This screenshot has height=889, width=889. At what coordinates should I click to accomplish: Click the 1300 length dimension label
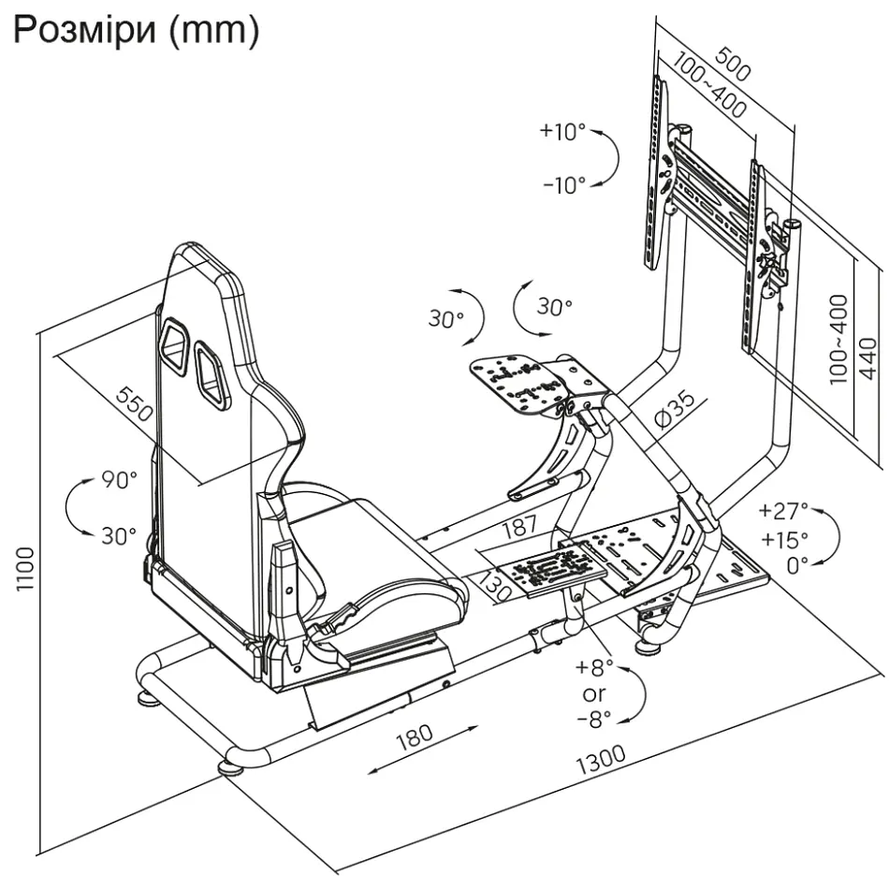point(601,759)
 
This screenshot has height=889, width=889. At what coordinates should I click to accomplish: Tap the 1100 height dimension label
point(25,569)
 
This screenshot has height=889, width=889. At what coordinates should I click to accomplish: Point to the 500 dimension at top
point(733,64)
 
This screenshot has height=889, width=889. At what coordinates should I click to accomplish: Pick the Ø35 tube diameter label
point(674,408)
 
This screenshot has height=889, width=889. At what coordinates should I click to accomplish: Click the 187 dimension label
point(520,527)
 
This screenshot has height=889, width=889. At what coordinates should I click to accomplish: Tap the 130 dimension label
point(493,586)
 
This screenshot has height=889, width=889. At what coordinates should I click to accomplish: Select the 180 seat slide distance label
point(415,737)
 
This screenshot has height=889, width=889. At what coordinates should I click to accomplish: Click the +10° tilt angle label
point(562,131)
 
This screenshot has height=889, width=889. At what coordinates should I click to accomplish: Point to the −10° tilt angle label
point(564,185)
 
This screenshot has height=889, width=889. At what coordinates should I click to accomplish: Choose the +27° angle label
point(783,511)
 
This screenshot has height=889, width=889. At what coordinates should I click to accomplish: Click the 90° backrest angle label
point(120,480)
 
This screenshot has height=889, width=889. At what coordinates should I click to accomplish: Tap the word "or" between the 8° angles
point(593,693)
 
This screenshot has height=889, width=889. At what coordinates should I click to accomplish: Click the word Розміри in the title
point(84,30)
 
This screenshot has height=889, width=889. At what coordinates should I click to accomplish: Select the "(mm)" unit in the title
point(214,31)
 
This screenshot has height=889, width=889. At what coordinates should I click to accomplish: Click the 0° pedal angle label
point(797,565)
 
